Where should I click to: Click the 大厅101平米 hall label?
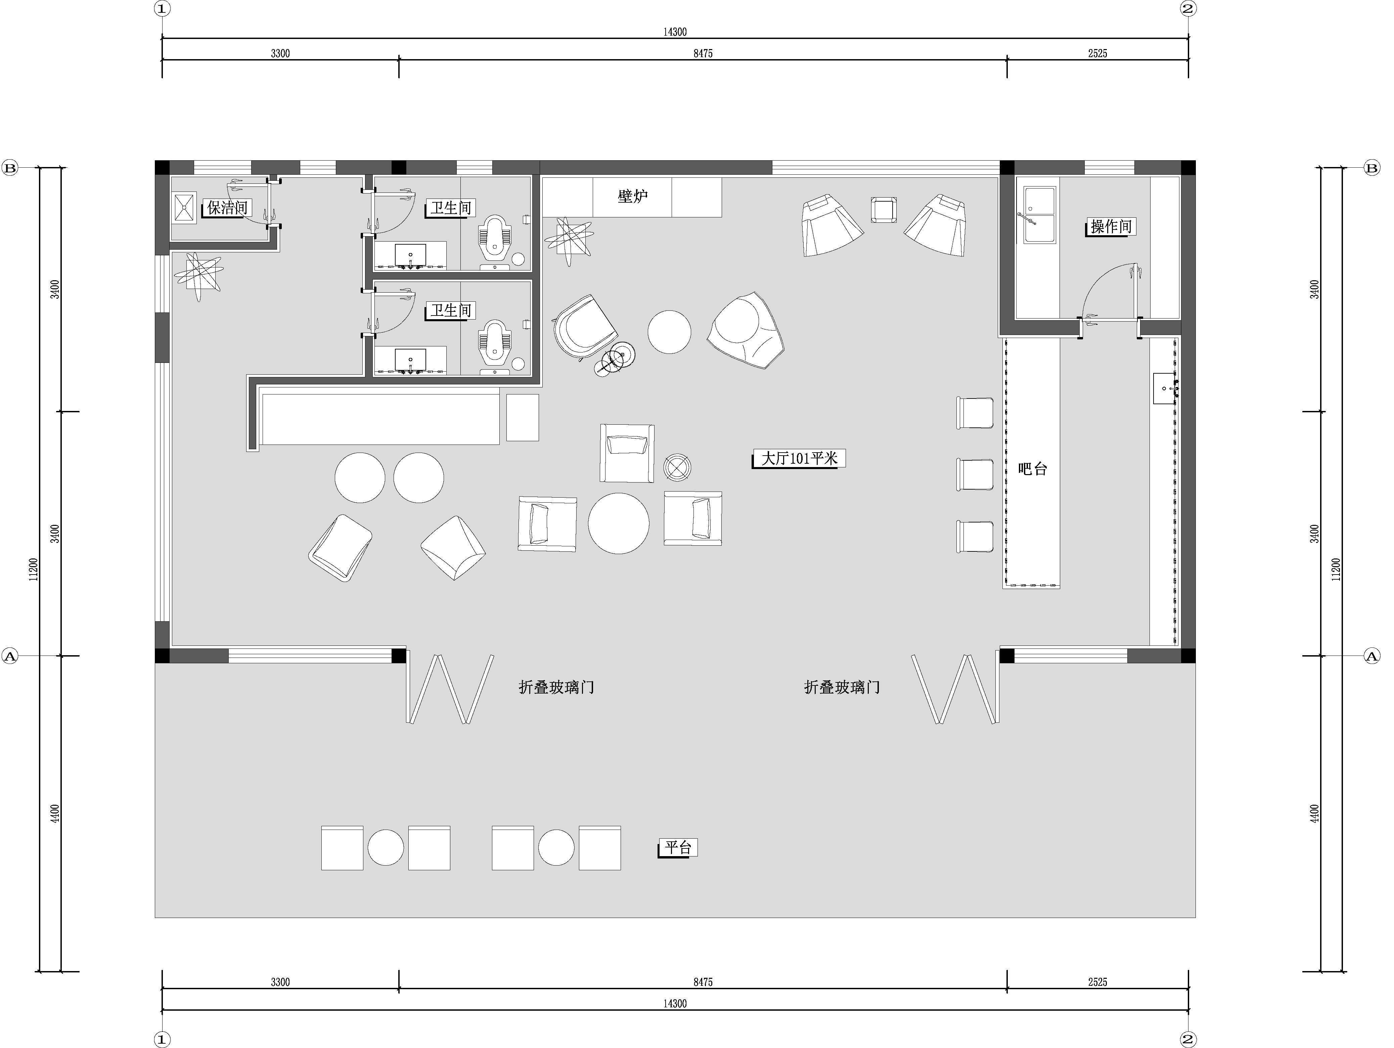coord(799,458)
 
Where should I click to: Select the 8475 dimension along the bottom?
coord(703,982)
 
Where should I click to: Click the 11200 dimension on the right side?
coord(1336,570)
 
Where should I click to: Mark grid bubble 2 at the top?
coord(1188,9)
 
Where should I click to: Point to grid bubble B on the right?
coord(1372,168)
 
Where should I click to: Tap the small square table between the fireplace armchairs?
coord(884,209)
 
